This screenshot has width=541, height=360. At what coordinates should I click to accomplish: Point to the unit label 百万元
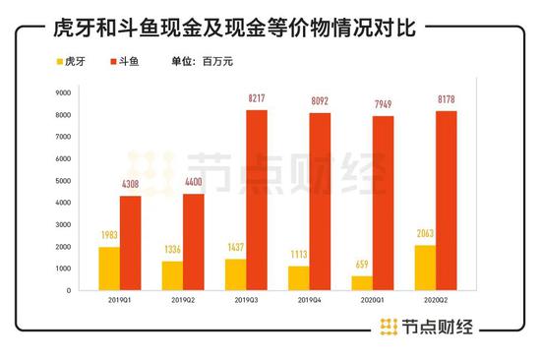[215, 61]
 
